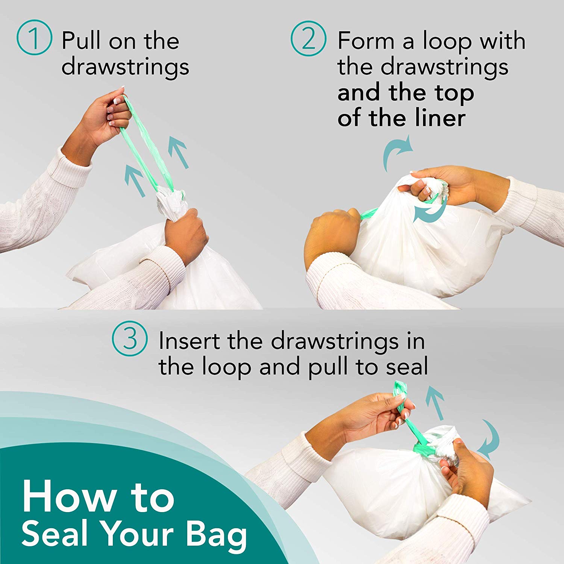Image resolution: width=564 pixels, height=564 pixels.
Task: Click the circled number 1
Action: (x=34, y=38)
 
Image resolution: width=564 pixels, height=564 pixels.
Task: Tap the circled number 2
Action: (x=309, y=38)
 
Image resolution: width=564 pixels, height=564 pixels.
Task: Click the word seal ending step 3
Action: (x=408, y=367)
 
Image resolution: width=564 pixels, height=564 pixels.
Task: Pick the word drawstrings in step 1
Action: (x=125, y=67)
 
